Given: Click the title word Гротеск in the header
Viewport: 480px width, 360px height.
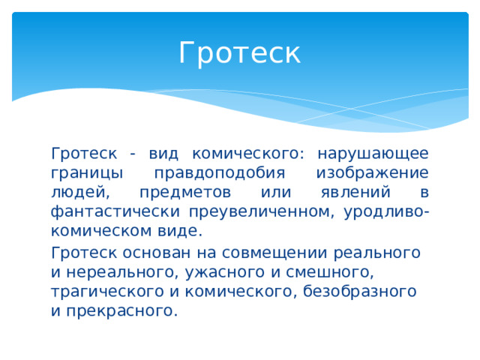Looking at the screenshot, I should (239, 53).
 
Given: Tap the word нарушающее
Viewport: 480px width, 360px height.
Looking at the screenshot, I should (373, 154).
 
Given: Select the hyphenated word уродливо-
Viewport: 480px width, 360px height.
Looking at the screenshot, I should (386, 211).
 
